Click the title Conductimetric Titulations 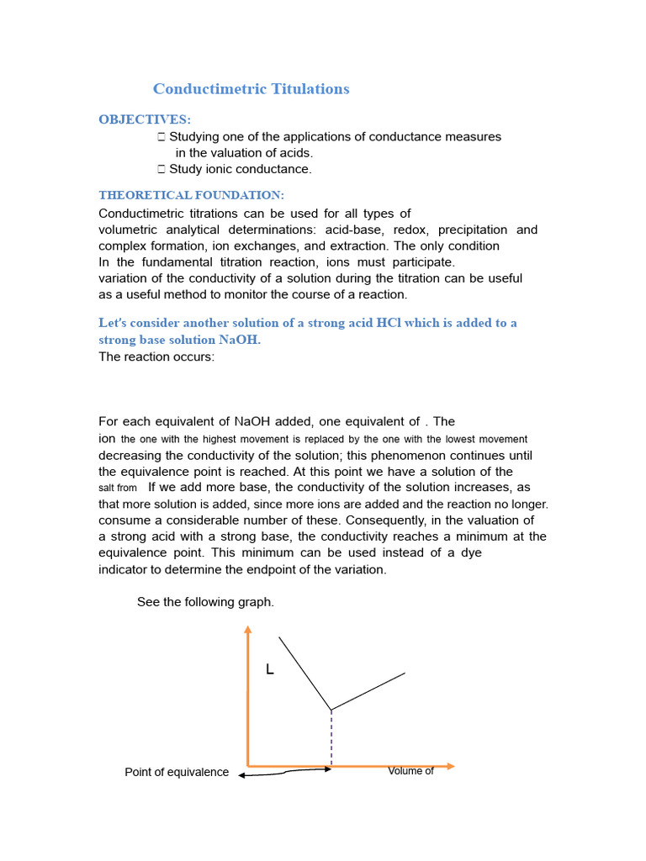click(x=251, y=89)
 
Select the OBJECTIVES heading click(x=145, y=119)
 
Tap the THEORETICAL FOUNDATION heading click(x=185, y=195)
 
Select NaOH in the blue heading click(x=239, y=340)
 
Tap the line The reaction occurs click(x=156, y=357)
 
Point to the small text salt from click(x=118, y=488)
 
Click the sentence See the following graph click(x=205, y=602)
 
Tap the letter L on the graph click(x=269, y=670)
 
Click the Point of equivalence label click(x=177, y=772)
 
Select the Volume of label click(x=410, y=771)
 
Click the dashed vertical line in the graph click(x=331, y=738)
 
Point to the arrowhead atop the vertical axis click(x=247, y=630)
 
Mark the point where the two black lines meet click(x=331, y=710)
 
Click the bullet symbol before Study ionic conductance click(x=161, y=169)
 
